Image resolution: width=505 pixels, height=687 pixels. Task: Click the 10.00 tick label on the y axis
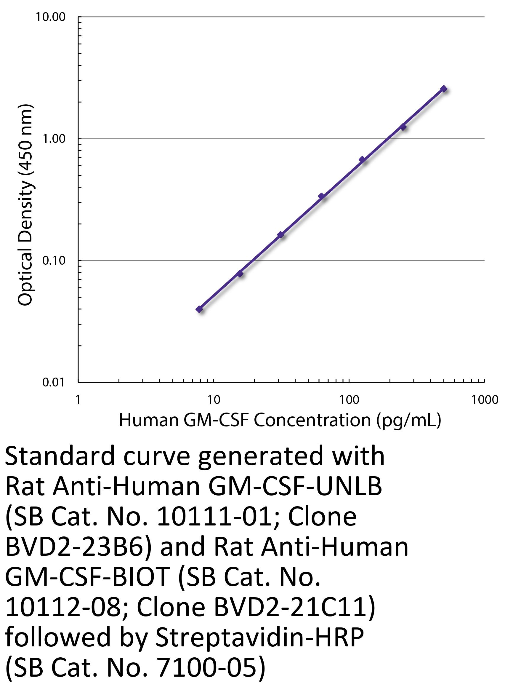51,17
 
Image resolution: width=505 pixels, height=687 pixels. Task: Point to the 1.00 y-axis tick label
54,139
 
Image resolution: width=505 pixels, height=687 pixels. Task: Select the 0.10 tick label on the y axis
54,261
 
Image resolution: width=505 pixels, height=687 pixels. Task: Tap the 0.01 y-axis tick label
54,382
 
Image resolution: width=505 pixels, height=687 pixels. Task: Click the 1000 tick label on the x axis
485,400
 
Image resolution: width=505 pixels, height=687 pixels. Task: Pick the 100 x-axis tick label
349,400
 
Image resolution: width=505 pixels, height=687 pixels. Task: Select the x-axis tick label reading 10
214,400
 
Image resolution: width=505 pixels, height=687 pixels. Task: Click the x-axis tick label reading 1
78,400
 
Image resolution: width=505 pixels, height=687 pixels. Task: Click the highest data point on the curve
444,89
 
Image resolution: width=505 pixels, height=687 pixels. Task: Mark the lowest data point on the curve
199,309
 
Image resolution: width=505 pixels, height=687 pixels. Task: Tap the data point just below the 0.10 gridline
240,274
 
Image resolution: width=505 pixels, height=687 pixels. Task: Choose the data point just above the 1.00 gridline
403,127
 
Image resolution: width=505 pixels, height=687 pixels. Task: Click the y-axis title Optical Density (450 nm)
25,205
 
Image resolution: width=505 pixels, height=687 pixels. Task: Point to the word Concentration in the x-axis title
312,420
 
